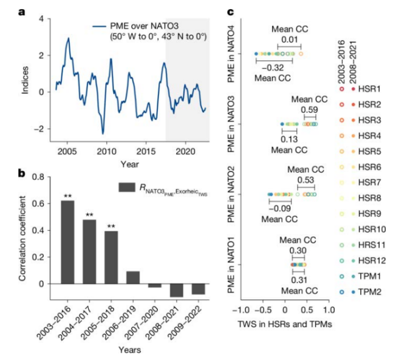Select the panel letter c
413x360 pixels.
click(x=231, y=12)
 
